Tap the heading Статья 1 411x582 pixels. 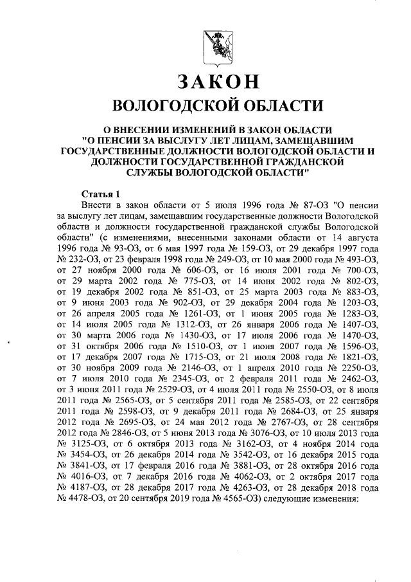[x=102, y=194]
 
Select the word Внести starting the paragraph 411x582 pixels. [x=100, y=205]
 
